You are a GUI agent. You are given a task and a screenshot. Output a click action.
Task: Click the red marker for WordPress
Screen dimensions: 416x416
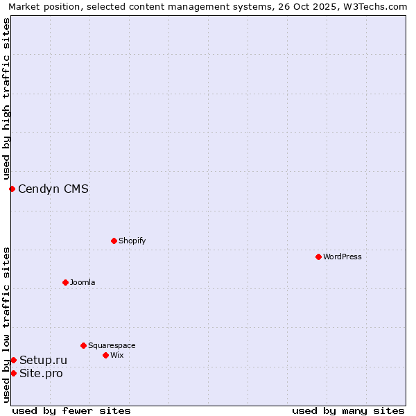(x=318, y=257)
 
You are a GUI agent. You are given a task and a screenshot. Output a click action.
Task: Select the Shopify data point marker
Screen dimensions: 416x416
(x=114, y=241)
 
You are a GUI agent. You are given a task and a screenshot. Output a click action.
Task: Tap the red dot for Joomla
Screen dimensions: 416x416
(x=65, y=282)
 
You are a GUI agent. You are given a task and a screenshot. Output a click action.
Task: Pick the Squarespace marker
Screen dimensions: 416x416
(x=83, y=345)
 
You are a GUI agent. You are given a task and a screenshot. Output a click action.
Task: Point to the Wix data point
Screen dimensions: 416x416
(x=105, y=355)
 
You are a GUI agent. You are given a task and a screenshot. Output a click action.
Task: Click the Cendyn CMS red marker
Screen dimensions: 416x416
(x=12, y=189)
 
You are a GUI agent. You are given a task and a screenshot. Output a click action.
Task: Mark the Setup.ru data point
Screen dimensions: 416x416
(x=13, y=360)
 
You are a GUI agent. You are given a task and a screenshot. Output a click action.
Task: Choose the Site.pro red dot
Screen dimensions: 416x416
(x=13, y=373)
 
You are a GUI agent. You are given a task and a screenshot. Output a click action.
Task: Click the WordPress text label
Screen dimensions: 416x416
(x=343, y=257)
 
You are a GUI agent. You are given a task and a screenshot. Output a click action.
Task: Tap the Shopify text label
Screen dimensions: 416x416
(x=132, y=241)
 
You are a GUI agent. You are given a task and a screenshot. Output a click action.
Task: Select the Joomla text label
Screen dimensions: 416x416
(x=83, y=282)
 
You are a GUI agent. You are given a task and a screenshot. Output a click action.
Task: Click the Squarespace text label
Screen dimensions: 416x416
(x=112, y=345)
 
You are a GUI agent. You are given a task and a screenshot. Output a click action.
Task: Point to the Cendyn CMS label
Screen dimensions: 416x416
(x=53, y=189)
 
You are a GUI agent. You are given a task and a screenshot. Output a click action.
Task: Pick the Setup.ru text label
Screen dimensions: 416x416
(x=44, y=360)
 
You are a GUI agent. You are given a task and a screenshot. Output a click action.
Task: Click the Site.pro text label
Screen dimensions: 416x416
(x=41, y=374)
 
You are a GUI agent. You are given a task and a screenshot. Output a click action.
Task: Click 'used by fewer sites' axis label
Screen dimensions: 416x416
(x=71, y=410)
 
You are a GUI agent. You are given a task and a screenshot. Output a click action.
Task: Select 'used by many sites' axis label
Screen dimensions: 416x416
(x=348, y=410)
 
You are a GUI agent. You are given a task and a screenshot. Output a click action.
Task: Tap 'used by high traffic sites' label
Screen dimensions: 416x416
(x=6, y=98)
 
